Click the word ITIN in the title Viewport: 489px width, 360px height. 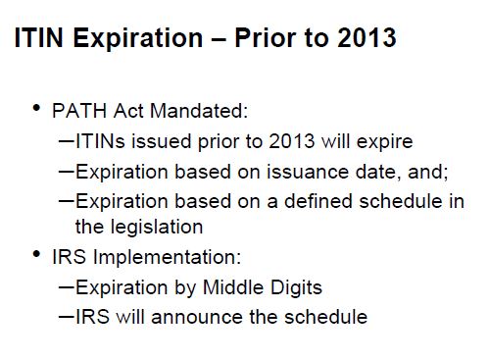[x=38, y=37]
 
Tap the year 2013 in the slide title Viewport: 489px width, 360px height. [x=367, y=37]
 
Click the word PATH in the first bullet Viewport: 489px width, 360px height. [x=79, y=111]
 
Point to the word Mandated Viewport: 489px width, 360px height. [x=199, y=111]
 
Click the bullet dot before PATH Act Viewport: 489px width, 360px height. [x=36, y=108]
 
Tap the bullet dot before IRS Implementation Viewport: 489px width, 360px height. [x=36, y=254]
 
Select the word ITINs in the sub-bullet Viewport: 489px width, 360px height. [x=100, y=141]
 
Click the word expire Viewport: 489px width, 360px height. [x=385, y=142]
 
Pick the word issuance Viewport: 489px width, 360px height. [x=308, y=172]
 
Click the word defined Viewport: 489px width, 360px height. [x=318, y=201]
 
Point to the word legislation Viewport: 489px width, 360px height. [x=157, y=227]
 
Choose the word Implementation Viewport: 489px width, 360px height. [x=168, y=257]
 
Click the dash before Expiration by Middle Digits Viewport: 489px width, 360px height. [x=67, y=287]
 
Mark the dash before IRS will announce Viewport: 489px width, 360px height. [x=67, y=316]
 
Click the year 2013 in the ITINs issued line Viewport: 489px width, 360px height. [x=292, y=141]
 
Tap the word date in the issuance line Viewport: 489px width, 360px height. [x=378, y=172]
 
